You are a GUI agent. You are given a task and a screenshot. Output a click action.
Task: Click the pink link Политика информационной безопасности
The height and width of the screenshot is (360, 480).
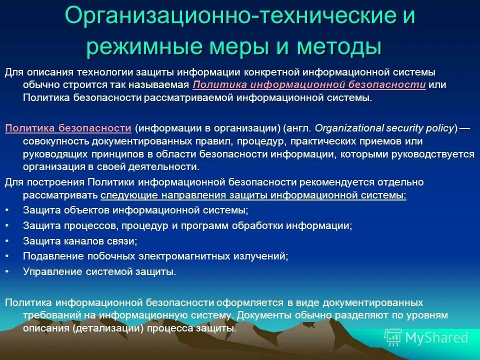(x=308, y=84)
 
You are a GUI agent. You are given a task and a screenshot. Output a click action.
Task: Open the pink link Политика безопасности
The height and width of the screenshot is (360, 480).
(x=68, y=128)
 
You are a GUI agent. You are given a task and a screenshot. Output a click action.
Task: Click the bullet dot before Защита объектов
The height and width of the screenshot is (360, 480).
(x=6, y=210)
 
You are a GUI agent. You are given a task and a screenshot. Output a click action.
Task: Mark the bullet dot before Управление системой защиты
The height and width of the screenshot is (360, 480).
(x=6, y=272)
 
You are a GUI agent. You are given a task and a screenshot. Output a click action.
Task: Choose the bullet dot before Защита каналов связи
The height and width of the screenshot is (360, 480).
(x=6, y=241)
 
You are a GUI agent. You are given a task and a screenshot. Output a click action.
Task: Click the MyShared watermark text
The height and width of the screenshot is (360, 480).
(x=436, y=337)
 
